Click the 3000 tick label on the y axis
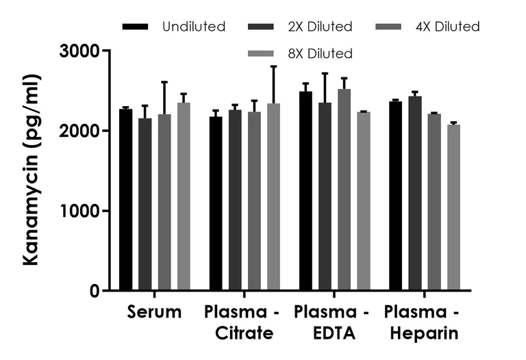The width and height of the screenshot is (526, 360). (79, 51)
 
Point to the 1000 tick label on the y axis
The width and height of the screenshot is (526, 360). (79, 211)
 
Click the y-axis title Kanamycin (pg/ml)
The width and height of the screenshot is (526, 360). (32, 171)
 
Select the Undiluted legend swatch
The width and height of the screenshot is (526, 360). (136, 27)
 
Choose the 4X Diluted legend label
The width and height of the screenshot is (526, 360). (449, 27)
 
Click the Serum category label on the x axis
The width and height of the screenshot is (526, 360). (154, 313)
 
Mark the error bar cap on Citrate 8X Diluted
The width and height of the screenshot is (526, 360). (273, 66)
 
